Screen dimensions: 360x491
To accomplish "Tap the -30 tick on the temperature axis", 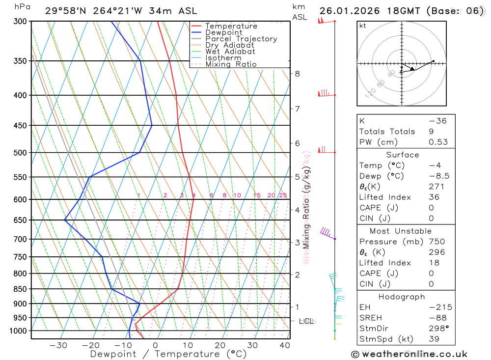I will (58, 345).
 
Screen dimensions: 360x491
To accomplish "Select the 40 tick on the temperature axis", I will (285, 345).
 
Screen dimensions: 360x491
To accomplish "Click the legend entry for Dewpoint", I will (223, 32).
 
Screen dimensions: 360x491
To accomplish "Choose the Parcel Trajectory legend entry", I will (241, 39).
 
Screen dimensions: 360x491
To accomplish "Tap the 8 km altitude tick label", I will (297, 74).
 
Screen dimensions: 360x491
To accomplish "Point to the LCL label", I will (306, 321).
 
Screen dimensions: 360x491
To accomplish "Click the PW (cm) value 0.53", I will (438, 142).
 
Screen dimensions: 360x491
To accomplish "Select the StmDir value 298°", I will (437, 329).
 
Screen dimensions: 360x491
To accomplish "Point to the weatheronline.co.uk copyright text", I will (409, 354).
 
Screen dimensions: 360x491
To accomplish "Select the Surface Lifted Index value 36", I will (434, 197).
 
